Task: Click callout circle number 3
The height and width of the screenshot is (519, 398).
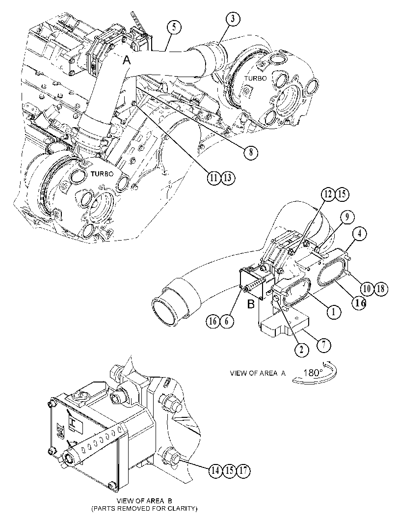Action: pyautogui.click(x=233, y=19)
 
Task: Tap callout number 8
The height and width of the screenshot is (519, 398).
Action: pyautogui.click(x=251, y=152)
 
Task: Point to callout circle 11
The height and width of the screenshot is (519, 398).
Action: pyautogui.click(x=214, y=178)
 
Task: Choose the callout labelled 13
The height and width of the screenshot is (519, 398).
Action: pyautogui.click(x=228, y=178)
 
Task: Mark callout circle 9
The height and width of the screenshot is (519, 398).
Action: pyautogui.click(x=347, y=217)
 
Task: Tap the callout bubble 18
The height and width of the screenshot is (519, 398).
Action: pyautogui.click(x=380, y=289)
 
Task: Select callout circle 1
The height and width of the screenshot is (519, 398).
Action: pyautogui.click(x=334, y=311)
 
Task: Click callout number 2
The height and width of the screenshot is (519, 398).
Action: pyautogui.click(x=301, y=350)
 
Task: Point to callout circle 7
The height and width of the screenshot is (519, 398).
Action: pyautogui.click(x=323, y=345)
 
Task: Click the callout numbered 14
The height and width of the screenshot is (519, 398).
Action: pyautogui.click(x=216, y=470)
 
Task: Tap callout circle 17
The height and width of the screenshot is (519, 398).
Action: pyautogui.click(x=243, y=470)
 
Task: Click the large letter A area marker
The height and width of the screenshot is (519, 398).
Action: pyautogui.click(x=128, y=60)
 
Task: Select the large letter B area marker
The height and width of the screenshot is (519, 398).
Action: pyautogui.click(x=251, y=304)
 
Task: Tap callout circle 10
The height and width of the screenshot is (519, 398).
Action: pyautogui.click(x=367, y=289)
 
